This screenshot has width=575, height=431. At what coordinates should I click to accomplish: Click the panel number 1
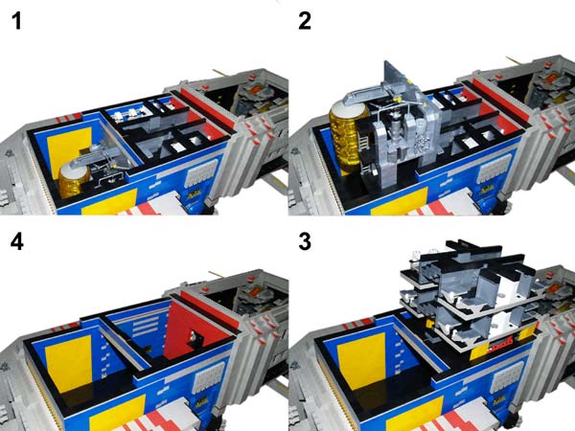click(17, 21)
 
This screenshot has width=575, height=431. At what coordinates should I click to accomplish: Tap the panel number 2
click(305, 21)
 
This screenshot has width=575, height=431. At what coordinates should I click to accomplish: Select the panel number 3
click(305, 241)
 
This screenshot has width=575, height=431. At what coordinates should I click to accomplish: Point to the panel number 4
click(17, 241)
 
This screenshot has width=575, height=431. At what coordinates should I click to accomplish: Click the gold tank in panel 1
click(74, 180)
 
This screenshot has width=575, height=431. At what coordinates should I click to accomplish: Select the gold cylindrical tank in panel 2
click(346, 137)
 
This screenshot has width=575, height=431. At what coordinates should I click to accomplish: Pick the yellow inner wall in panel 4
click(69, 362)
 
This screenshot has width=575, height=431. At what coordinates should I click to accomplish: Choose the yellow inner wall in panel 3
click(361, 361)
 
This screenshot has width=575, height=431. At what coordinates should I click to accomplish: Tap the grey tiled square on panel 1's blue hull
click(201, 174)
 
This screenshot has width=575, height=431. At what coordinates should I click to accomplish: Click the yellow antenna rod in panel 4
click(216, 274)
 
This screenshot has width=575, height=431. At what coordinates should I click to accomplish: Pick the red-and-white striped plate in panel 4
click(154, 418)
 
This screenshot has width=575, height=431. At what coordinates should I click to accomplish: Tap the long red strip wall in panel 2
click(497, 97)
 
